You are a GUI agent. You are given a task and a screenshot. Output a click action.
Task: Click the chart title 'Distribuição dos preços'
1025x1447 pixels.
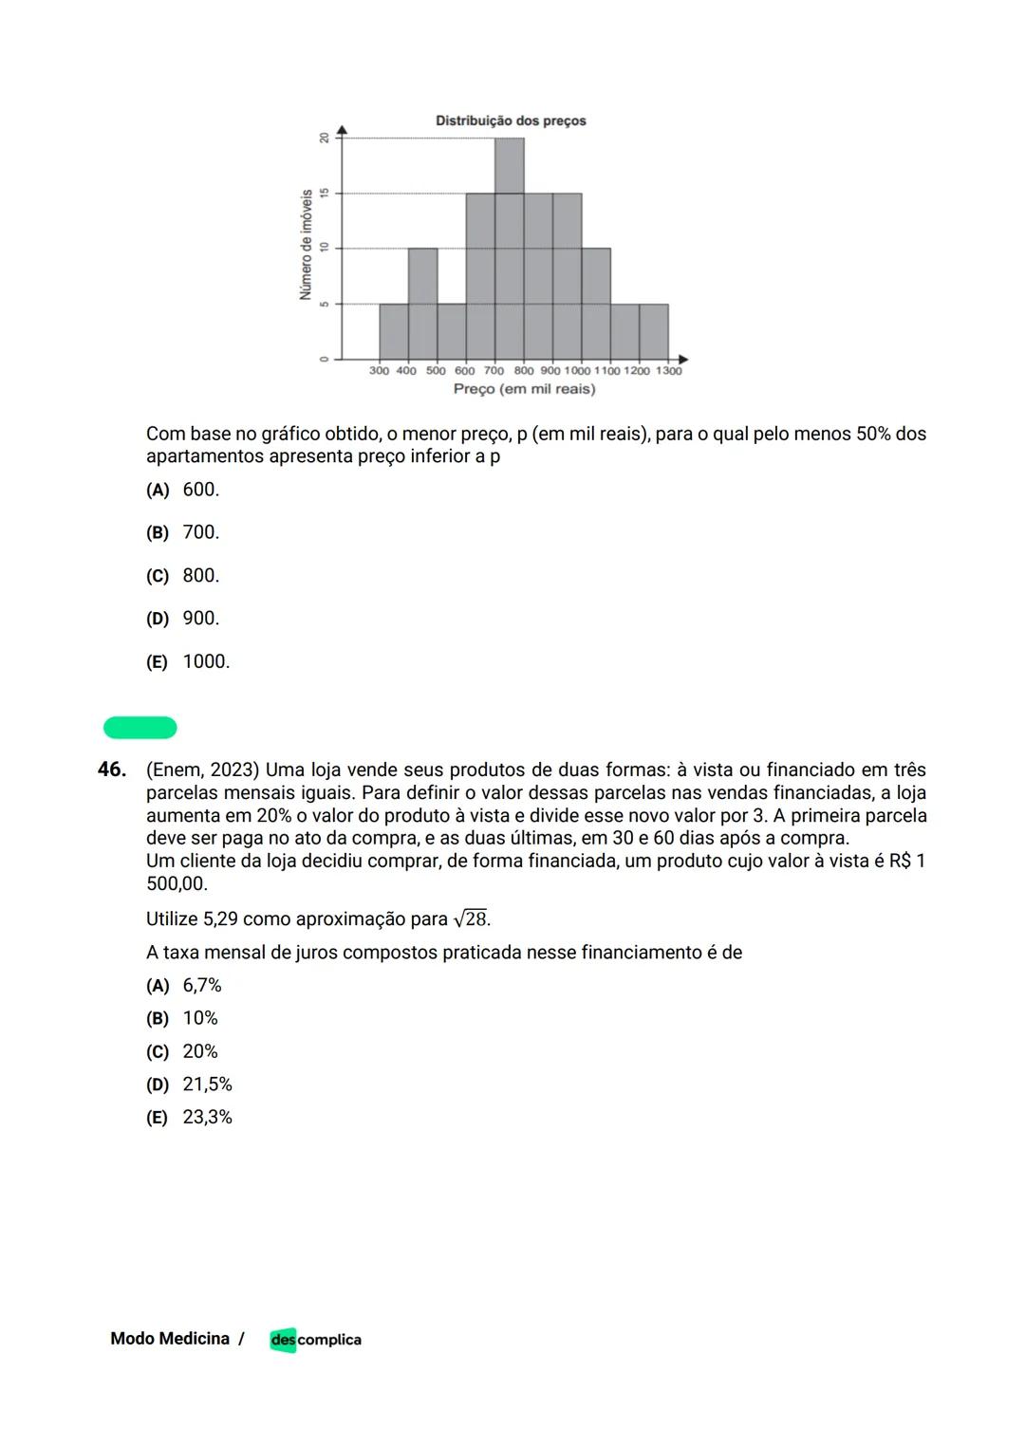pos(511,121)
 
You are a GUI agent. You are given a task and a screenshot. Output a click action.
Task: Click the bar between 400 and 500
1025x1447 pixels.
pos(422,304)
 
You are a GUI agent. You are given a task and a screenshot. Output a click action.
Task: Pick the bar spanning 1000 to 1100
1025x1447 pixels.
pos(596,304)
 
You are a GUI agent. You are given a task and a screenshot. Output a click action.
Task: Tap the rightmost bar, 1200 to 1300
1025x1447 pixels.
pos(654,331)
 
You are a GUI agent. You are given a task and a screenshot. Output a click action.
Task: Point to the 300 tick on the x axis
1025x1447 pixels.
pos(379,371)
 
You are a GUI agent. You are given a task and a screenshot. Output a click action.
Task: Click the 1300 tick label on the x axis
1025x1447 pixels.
pos(669,371)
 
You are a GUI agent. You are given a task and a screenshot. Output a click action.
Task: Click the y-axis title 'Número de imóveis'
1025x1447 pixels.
pos(306,244)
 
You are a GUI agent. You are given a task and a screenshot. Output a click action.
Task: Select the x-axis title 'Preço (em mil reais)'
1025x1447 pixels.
pos(524,389)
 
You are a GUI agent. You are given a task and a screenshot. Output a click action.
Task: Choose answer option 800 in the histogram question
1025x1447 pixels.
pos(200,576)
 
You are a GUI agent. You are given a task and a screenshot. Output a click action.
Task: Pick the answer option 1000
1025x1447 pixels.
pos(206,661)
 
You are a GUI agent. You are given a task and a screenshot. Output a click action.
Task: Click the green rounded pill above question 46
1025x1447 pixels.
pos(140,728)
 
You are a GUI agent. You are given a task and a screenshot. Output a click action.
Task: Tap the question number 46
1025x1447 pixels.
pos(112,770)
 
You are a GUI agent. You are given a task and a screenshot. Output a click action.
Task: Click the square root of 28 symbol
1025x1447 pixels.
pos(472,918)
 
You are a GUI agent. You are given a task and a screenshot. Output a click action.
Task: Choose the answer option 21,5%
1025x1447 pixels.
pos(207,1085)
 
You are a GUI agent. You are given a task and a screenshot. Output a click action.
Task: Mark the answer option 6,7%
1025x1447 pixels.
pos(201,986)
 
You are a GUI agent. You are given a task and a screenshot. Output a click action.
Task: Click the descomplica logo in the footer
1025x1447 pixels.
pos(315,1340)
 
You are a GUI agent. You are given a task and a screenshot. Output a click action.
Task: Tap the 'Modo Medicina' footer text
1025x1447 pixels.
pos(170,1339)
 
